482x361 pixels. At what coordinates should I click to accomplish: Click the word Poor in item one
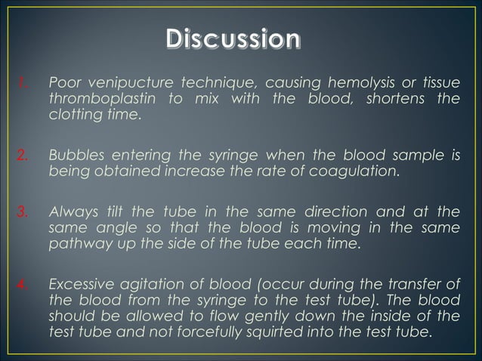coord(63,82)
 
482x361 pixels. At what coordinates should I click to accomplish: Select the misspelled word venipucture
coord(125,82)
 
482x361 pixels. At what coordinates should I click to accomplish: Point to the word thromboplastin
coord(97,99)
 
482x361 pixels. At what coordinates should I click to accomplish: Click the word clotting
coord(72,116)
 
